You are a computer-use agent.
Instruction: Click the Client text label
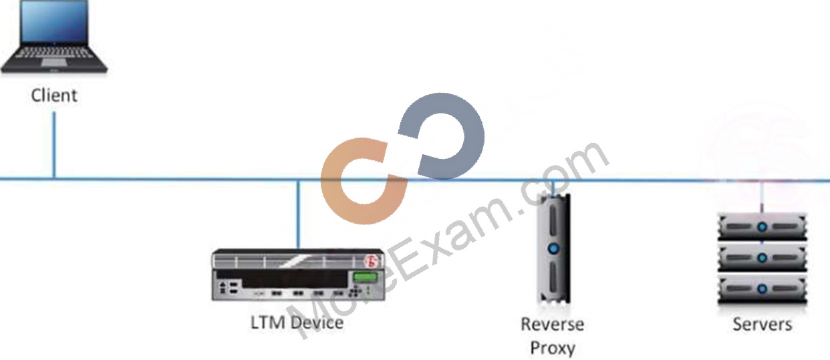click(54, 96)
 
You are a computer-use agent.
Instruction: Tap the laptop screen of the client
click(55, 21)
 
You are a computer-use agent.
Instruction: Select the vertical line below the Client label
click(54, 145)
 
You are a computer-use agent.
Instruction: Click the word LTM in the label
click(269, 323)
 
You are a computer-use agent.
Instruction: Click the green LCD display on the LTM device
click(365, 277)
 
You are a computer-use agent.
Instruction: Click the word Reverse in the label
click(553, 325)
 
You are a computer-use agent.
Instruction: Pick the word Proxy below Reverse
click(553, 348)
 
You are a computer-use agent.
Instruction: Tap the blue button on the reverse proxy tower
click(553, 248)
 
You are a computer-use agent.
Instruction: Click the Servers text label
click(763, 325)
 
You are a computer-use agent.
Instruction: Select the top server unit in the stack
click(763, 226)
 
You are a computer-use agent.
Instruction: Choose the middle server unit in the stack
click(763, 258)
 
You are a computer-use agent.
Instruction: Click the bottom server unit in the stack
click(763, 289)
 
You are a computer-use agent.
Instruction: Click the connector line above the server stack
click(762, 197)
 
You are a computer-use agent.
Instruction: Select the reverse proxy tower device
click(553, 248)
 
